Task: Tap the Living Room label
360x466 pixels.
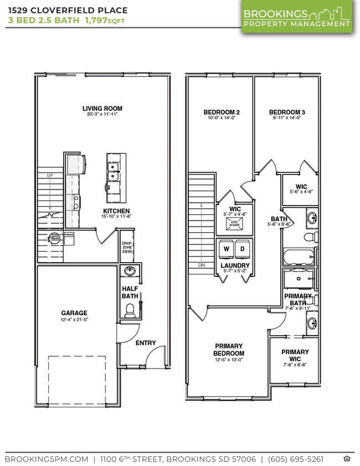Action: pyautogui.click(x=102, y=109)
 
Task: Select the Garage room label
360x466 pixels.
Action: pyautogui.click(x=74, y=313)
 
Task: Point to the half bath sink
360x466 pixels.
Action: pyautogui.click(x=130, y=272)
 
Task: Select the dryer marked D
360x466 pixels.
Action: pyautogui.click(x=243, y=250)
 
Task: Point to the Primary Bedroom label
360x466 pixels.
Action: pyautogui.click(x=229, y=350)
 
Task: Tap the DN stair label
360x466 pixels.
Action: pyautogui.click(x=200, y=265)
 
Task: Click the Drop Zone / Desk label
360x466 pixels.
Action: pyautogui.click(x=127, y=248)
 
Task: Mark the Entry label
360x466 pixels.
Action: pyautogui.click(x=146, y=343)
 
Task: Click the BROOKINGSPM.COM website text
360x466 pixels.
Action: pyautogui.click(x=47, y=459)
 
